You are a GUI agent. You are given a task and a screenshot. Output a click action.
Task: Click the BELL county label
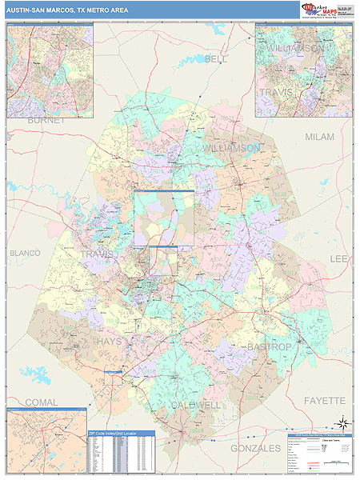216,59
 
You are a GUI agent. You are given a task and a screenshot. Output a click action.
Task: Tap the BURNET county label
45,120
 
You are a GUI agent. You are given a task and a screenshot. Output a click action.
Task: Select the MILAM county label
319,137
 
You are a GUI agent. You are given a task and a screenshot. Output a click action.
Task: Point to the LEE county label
339,259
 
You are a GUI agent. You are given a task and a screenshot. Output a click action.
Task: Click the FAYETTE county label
324,399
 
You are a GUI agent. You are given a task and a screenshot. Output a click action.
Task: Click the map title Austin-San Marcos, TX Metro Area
60,10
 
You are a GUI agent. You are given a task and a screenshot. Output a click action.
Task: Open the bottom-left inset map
46,438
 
